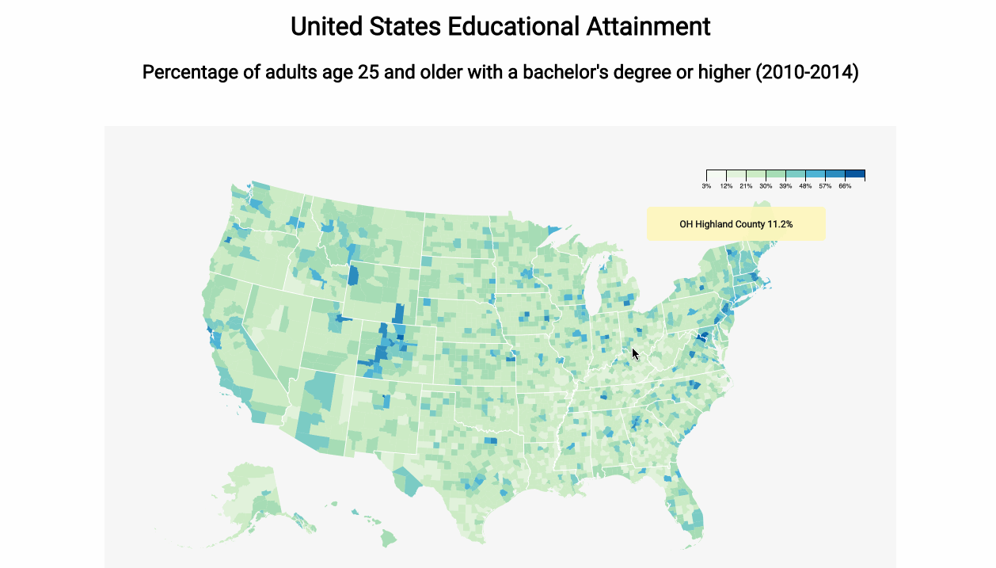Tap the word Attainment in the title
click(x=648, y=26)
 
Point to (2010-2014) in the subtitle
click(x=807, y=73)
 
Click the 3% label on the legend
click(x=706, y=186)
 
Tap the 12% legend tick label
click(x=726, y=186)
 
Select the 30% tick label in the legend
click(x=766, y=186)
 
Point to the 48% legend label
click(x=805, y=186)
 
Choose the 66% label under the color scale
click(x=845, y=186)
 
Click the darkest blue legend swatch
click(x=855, y=174)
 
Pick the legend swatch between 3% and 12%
click(x=717, y=174)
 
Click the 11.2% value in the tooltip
click(x=780, y=224)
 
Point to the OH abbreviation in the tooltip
click(x=686, y=224)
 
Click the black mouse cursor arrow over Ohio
click(x=635, y=353)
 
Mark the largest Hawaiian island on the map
click(x=388, y=538)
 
